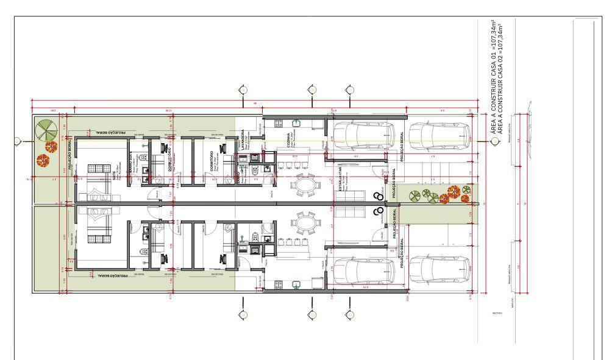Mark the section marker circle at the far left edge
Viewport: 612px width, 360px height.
(x=17, y=141)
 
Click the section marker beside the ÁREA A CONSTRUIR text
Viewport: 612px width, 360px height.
(x=494, y=141)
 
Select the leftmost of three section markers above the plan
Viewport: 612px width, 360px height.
(x=243, y=90)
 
